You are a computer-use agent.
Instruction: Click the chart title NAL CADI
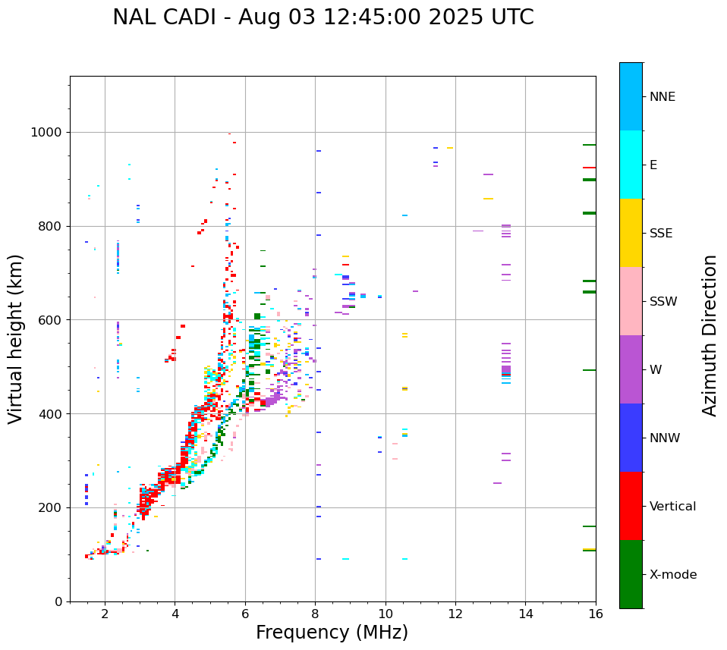tap(323, 17)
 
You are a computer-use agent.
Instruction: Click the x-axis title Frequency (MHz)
tap(332, 633)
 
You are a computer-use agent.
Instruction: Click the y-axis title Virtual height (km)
tap(16, 338)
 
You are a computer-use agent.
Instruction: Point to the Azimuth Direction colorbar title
tap(710, 335)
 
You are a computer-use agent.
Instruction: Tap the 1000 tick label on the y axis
tap(47, 133)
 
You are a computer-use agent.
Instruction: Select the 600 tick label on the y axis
tap(51, 320)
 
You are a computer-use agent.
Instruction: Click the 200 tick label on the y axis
tap(51, 507)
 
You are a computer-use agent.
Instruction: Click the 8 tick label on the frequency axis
tap(315, 614)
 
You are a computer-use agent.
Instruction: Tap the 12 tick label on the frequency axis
tap(455, 614)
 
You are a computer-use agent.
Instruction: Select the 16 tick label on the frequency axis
tap(595, 614)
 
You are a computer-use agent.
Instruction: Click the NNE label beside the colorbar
tap(662, 97)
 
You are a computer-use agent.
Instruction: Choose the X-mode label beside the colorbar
tap(673, 575)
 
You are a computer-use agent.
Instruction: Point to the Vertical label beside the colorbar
tap(672, 507)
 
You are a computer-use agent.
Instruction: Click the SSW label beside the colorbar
tap(663, 302)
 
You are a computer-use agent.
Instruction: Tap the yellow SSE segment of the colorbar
tap(631, 233)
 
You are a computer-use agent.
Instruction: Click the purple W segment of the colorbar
tap(631, 369)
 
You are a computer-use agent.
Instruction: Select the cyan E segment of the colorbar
tap(631, 165)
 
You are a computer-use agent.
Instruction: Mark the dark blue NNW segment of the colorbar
tap(631, 438)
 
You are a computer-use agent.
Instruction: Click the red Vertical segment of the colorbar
tap(631, 506)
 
